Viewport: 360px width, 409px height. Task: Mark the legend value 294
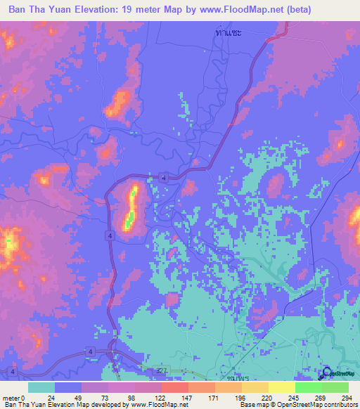click(x=347, y=397)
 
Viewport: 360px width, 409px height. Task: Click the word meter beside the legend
click(x=12, y=397)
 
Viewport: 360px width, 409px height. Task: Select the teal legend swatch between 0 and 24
click(x=41, y=387)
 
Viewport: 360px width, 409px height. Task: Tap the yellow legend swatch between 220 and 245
click(x=281, y=387)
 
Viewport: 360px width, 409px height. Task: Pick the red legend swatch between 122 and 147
click(x=174, y=387)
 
